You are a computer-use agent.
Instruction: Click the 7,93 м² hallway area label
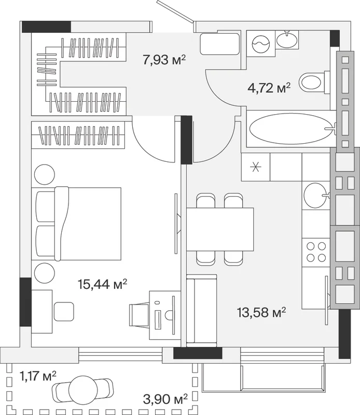[164, 60]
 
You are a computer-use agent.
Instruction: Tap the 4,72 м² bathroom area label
[269, 88]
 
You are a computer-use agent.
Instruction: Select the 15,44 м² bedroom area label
[102, 284]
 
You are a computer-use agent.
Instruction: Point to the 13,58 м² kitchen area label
[261, 312]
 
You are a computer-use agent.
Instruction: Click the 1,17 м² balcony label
[38, 376]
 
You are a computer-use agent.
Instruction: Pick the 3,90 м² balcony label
[165, 399]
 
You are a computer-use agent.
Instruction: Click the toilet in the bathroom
[314, 82]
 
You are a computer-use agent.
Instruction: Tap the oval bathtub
[290, 129]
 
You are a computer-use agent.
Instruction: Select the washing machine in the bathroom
[261, 44]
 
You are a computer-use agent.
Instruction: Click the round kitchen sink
[315, 196]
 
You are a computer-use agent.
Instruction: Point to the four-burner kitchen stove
[316, 252]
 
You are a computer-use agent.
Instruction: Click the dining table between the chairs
[220, 229]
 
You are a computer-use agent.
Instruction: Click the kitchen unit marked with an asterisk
[256, 167]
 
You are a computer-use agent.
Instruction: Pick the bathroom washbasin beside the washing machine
[287, 39]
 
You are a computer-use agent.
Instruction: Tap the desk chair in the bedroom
[139, 315]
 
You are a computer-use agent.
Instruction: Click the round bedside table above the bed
[45, 174]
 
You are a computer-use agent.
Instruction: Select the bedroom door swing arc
[149, 148]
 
